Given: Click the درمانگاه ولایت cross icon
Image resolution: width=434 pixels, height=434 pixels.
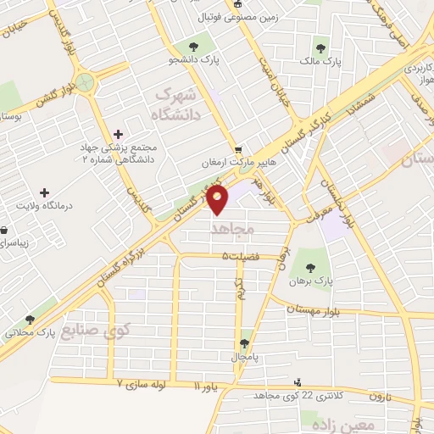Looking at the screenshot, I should point(45,192).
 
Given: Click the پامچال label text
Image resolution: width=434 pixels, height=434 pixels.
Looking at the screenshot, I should point(244,357).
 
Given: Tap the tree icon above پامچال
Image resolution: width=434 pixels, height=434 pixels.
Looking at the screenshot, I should point(244,343).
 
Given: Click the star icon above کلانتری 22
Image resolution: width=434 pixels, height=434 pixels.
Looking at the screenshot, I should point(306,380).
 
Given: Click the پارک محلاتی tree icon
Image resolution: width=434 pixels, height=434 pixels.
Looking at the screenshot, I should point(31,320).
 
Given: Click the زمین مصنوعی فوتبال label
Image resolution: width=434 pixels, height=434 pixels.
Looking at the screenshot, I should point(261,17).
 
